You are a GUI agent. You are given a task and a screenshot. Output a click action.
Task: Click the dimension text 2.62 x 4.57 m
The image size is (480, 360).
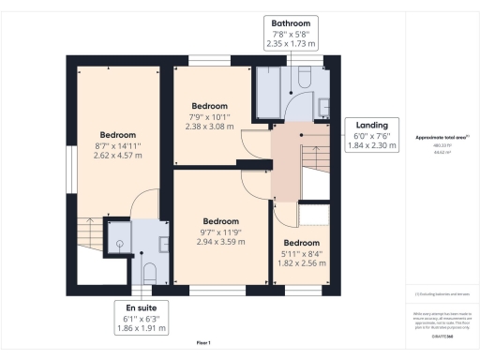[118, 157]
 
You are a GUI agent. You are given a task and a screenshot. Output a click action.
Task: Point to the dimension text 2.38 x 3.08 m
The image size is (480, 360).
[211, 127]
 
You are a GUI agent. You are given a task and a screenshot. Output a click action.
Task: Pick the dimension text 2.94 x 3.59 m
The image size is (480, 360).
[221, 241]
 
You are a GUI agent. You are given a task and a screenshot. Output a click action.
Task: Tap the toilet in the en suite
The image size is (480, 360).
[151, 272]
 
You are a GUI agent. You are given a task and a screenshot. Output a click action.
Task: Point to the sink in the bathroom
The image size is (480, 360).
[322, 104]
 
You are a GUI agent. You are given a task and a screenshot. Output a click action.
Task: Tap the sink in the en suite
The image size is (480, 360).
[163, 245]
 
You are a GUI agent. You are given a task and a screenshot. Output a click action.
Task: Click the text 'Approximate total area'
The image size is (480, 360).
[440, 138]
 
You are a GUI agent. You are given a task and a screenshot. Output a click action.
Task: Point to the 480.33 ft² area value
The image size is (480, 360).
[440, 145]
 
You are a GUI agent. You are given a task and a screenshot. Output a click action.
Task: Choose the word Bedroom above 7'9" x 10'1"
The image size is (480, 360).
[211, 106]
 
